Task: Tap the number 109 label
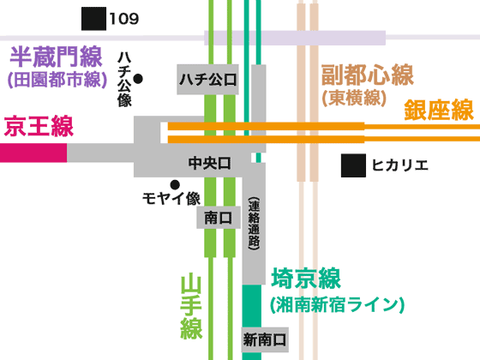[124, 18]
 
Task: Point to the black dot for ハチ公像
[138, 79]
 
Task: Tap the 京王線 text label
[38, 128]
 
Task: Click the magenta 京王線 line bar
[33, 153]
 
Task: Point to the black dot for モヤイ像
[175, 183]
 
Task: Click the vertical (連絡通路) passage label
[254, 225]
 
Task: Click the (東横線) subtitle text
[351, 98]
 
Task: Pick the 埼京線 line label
[306, 279]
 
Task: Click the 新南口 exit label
[264, 339]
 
